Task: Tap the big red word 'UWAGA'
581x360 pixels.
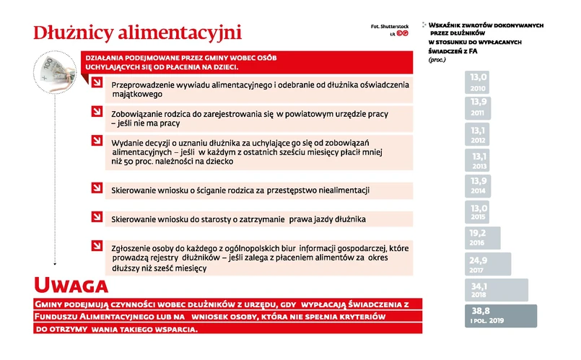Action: click(x=71, y=285)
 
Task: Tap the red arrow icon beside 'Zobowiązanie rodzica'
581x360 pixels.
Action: click(x=97, y=112)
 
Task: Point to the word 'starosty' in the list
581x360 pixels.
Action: click(x=209, y=218)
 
